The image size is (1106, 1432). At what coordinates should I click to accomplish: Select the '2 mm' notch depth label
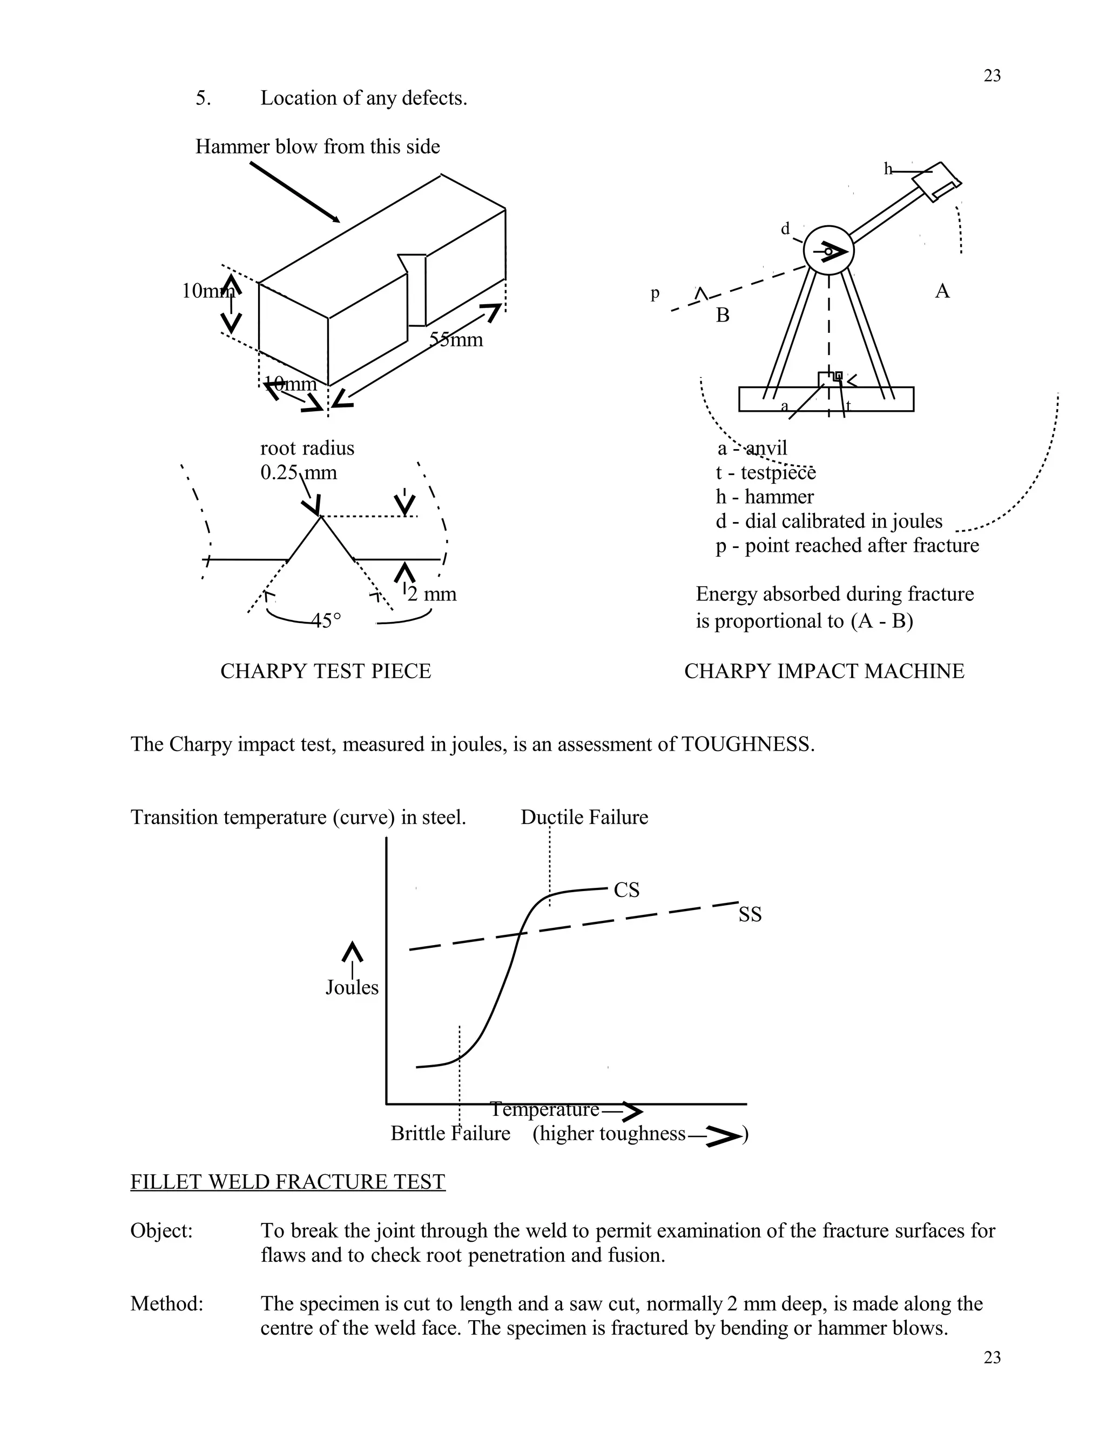pyautogui.click(x=432, y=594)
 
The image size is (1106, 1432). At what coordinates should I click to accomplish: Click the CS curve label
pyautogui.click(x=626, y=890)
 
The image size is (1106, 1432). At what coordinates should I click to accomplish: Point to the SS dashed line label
pyautogui.click(x=750, y=915)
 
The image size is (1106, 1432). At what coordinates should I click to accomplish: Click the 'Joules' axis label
pyautogui.click(x=352, y=987)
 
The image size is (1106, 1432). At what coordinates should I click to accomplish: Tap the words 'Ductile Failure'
pyautogui.click(x=584, y=817)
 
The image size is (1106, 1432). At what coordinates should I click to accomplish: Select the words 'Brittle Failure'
pyautogui.click(x=450, y=1133)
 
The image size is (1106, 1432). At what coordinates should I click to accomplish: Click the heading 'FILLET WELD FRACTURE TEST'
pyautogui.click(x=288, y=1181)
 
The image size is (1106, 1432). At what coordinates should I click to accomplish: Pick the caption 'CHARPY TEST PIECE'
pyautogui.click(x=326, y=671)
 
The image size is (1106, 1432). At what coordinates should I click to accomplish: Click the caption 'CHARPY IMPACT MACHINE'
pyautogui.click(x=824, y=671)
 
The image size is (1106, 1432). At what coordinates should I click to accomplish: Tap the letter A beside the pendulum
pyautogui.click(x=942, y=291)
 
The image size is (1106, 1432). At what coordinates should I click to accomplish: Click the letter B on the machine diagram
pyautogui.click(x=722, y=316)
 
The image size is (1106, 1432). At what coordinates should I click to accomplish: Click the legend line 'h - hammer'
pyautogui.click(x=765, y=497)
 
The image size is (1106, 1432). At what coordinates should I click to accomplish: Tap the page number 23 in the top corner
pyautogui.click(x=992, y=76)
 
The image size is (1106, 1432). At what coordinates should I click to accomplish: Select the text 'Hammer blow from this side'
pyautogui.click(x=318, y=146)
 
